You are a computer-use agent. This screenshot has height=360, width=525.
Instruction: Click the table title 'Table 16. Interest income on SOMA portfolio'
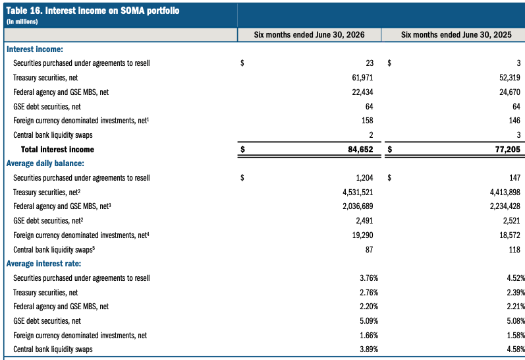pyautogui.click(x=93, y=11)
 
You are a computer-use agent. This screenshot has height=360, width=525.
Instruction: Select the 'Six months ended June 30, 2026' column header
pyautogui.click(x=309, y=35)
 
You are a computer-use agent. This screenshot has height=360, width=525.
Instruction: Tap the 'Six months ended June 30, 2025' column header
pyautogui.click(x=456, y=35)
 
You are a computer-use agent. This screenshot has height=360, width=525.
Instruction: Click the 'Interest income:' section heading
pyautogui.click(x=35, y=49)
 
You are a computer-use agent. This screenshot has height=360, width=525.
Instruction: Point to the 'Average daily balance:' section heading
pyautogui.click(x=45, y=164)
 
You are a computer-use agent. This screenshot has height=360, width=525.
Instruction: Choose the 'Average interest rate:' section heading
pyautogui.click(x=44, y=264)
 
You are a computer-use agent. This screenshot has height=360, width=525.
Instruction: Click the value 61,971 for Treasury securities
pyautogui.click(x=362, y=78)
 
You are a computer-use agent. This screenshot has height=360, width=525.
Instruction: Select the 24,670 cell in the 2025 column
pyautogui.click(x=510, y=92)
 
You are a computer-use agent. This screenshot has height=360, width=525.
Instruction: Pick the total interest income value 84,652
pyautogui.click(x=360, y=150)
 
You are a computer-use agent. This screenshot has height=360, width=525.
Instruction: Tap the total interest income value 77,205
pyautogui.click(x=508, y=150)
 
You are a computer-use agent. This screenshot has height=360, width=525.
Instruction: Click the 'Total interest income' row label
pyautogui.click(x=57, y=150)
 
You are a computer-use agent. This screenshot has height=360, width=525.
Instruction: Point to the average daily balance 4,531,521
pyautogui.click(x=358, y=193)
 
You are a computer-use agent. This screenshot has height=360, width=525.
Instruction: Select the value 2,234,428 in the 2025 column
pyautogui.click(x=505, y=206)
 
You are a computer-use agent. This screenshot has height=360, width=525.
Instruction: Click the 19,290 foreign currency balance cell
pyautogui.click(x=362, y=235)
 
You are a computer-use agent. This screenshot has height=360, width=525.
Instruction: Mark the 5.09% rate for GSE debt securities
pyautogui.click(x=369, y=321)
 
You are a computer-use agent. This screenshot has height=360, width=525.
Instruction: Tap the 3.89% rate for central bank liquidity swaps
pyautogui.click(x=369, y=349)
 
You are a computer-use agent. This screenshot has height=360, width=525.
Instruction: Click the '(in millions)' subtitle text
pyautogui.click(x=22, y=22)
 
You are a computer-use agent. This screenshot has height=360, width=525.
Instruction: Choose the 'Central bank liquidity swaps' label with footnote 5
pyautogui.click(x=54, y=250)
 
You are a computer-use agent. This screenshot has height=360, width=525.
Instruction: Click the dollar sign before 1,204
pyautogui.click(x=242, y=178)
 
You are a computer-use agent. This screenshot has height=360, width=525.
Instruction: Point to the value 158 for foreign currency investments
pyautogui.click(x=368, y=121)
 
